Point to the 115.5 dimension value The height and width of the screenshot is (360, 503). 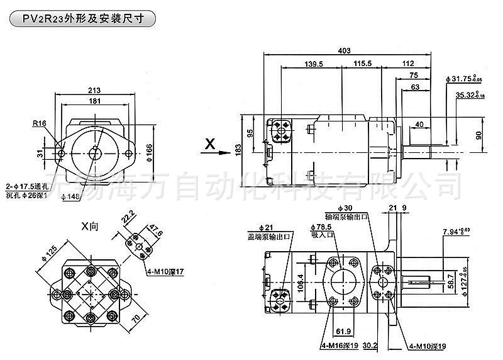[x=363, y=64]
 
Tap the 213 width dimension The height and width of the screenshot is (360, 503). [x=94, y=90]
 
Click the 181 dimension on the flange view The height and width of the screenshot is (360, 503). [x=94, y=101]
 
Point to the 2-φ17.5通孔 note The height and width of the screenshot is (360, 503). [x=26, y=186]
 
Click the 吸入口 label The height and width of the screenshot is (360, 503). [x=322, y=235]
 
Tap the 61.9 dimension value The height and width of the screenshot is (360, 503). [x=343, y=329]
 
